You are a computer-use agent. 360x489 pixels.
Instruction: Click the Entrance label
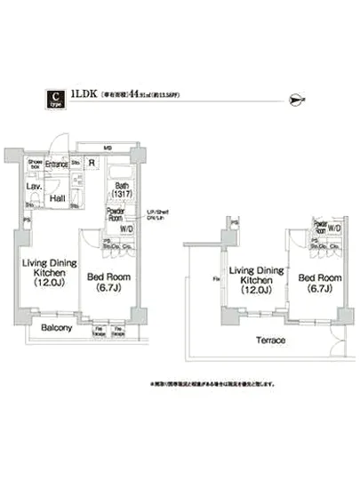tap(58, 164)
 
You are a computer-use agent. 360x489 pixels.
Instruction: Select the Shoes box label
tap(36, 164)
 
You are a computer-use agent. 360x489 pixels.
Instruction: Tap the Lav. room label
tap(32, 188)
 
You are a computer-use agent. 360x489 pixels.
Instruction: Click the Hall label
tap(59, 199)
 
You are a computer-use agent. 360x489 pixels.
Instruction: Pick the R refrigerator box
tap(93, 163)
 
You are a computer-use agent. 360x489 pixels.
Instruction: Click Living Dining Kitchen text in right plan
tap(256, 277)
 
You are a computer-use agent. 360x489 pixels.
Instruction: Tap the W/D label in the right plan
tap(333, 228)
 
